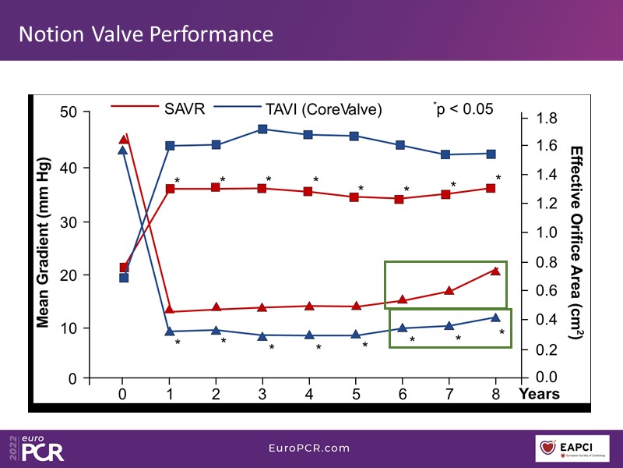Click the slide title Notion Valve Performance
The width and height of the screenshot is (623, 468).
pyautogui.click(x=146, y=34)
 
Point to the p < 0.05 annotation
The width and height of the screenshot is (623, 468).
pyautogui.click(x=465, y=109)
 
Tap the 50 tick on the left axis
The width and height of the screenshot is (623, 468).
pyautogui.click(x=70, y=112)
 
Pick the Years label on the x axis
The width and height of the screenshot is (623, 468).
pyautogui.click(x=540, y=394)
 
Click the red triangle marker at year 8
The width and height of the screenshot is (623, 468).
pyautogui.click(x=495, y=271)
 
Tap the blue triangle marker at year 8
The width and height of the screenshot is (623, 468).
pyautogui.click(x=495, y=317)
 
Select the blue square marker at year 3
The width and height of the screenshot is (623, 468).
pyautogui.click(x=262, y=129)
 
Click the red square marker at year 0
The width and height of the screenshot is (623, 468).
pyautogui.click(x=124, y=268)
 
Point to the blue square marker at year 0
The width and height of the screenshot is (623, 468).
pyautogui.click(x=123, y=278)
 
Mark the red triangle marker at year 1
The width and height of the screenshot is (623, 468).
pyautogui.click(x=170, y=311)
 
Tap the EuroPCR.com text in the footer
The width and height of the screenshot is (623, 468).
pyautogui.click(x=311, y=448)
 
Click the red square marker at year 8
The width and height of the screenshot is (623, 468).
pyautogui.click(x=491, y=188)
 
